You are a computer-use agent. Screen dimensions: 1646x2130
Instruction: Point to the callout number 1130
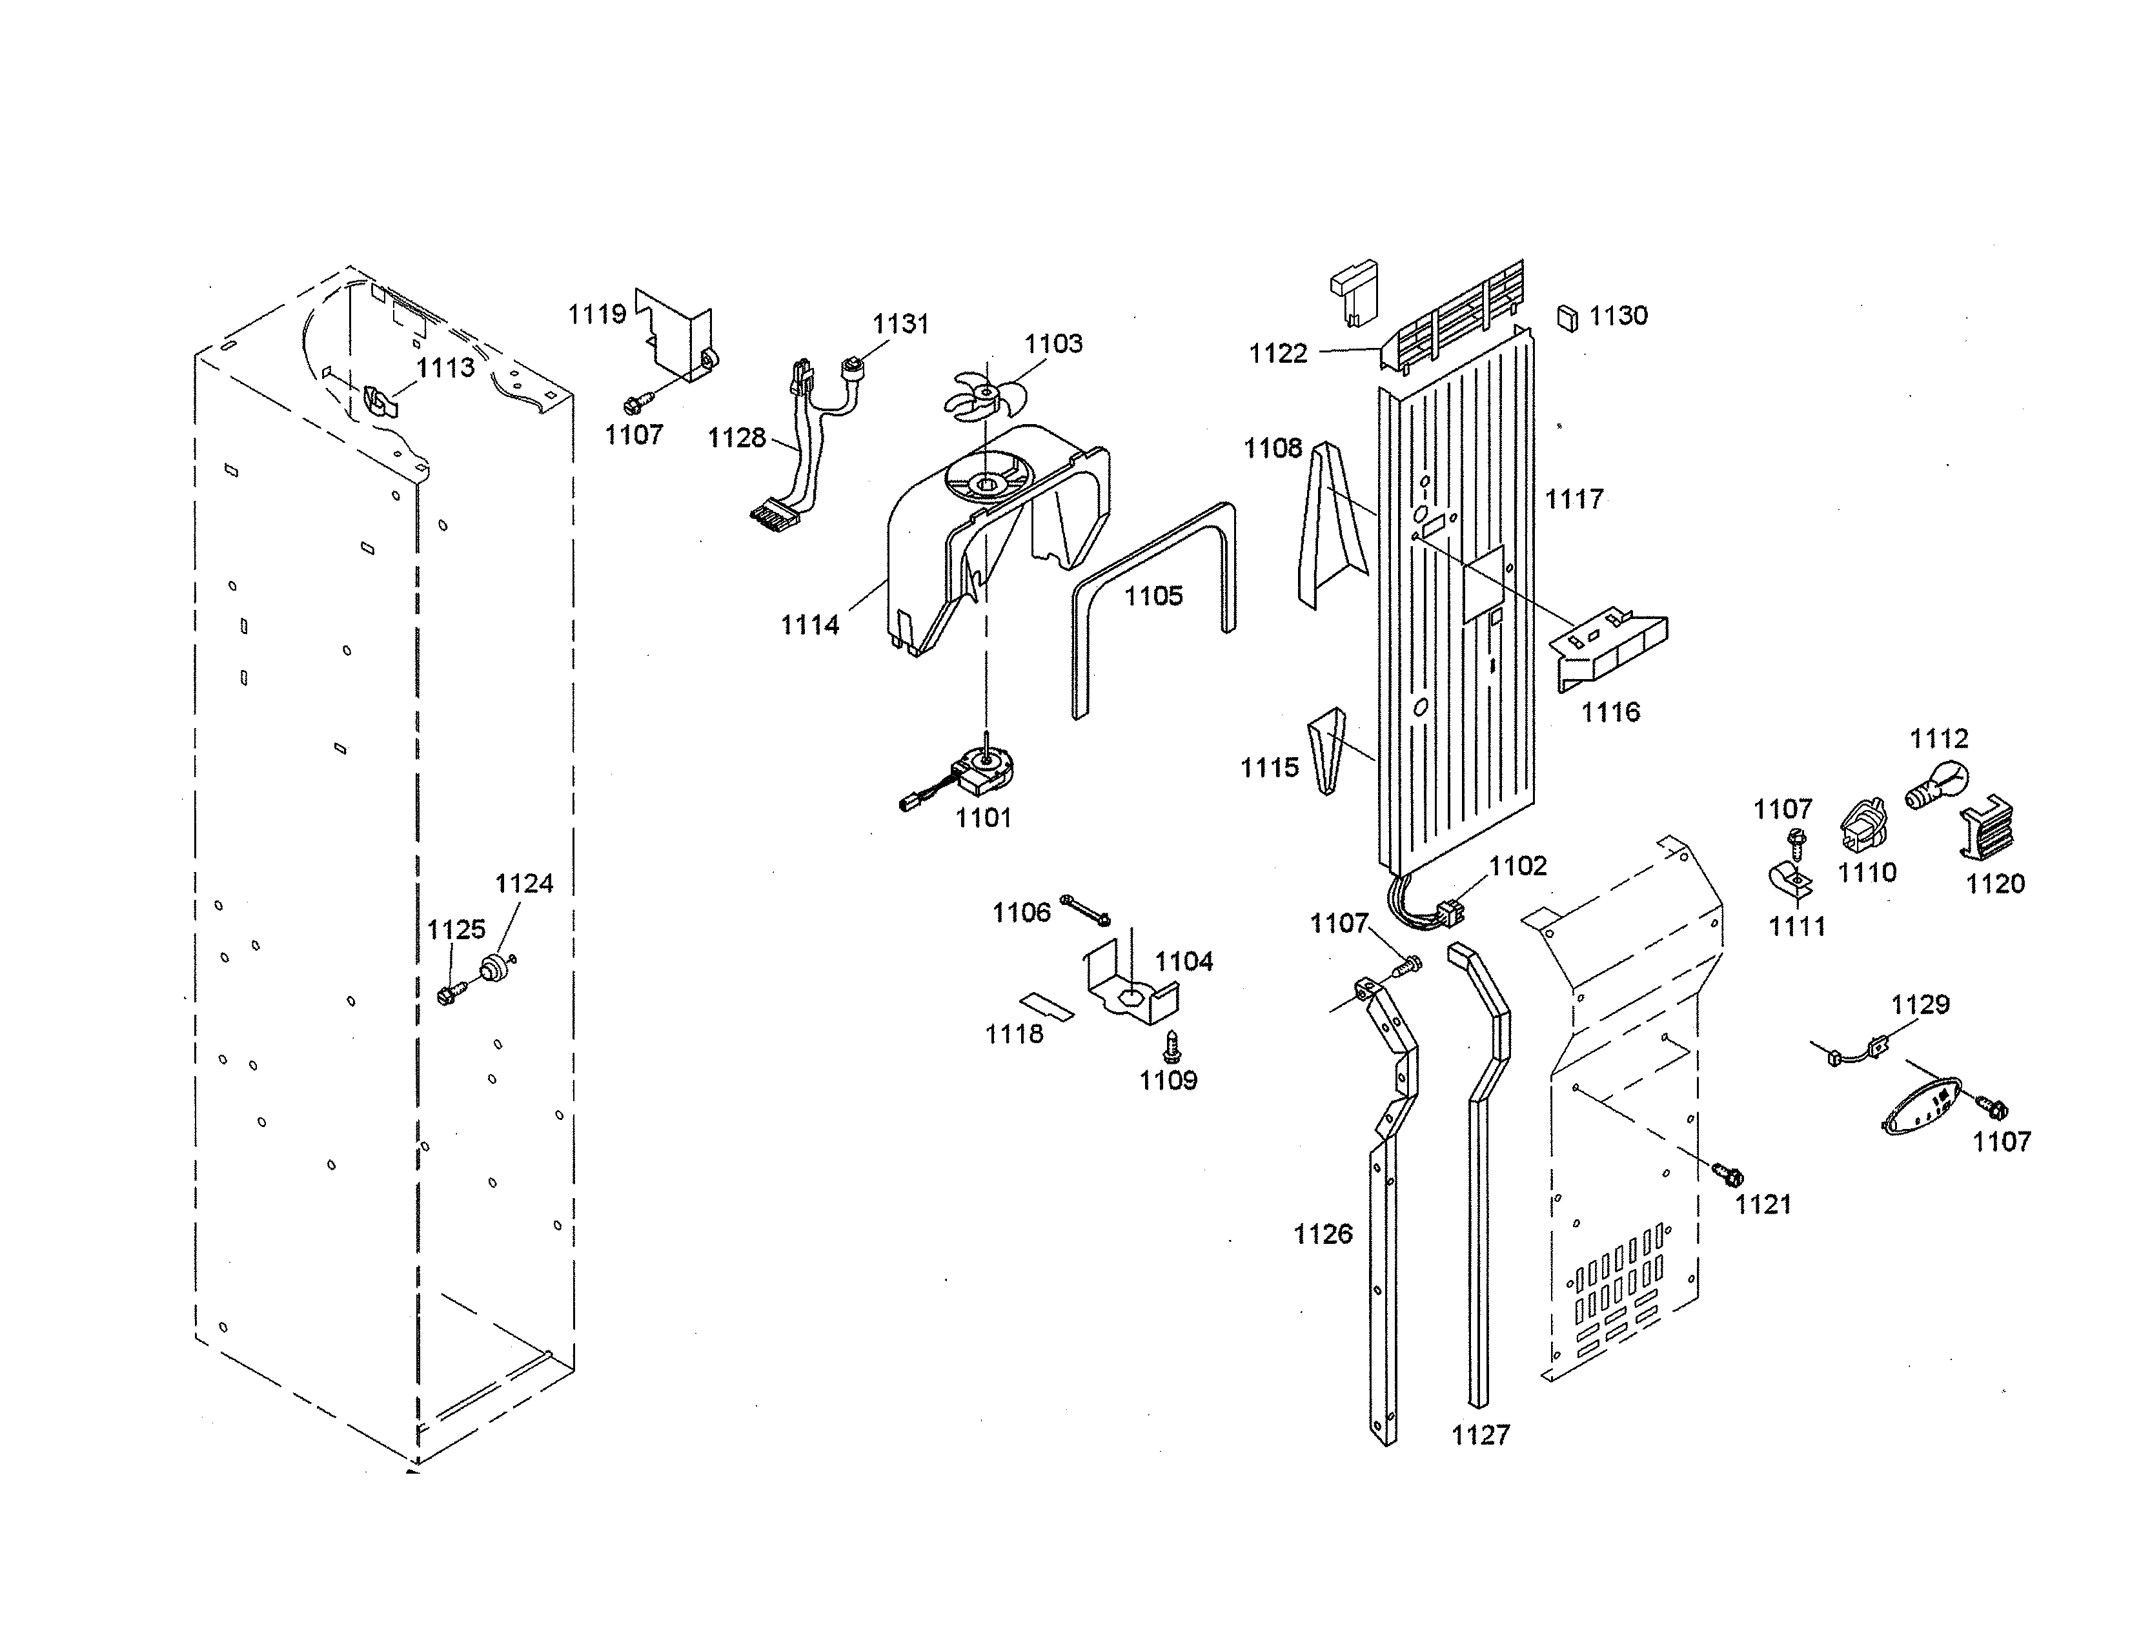point(1618,316)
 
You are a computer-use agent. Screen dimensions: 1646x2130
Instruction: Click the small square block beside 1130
point(1567,318)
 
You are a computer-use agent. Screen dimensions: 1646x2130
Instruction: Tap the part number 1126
point(1323,1234)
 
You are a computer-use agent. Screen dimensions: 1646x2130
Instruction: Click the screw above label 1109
point(1172,1046)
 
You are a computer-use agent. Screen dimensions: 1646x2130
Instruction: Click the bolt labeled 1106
point(1084,909)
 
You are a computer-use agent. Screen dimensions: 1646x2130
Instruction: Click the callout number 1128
point(736,438)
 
